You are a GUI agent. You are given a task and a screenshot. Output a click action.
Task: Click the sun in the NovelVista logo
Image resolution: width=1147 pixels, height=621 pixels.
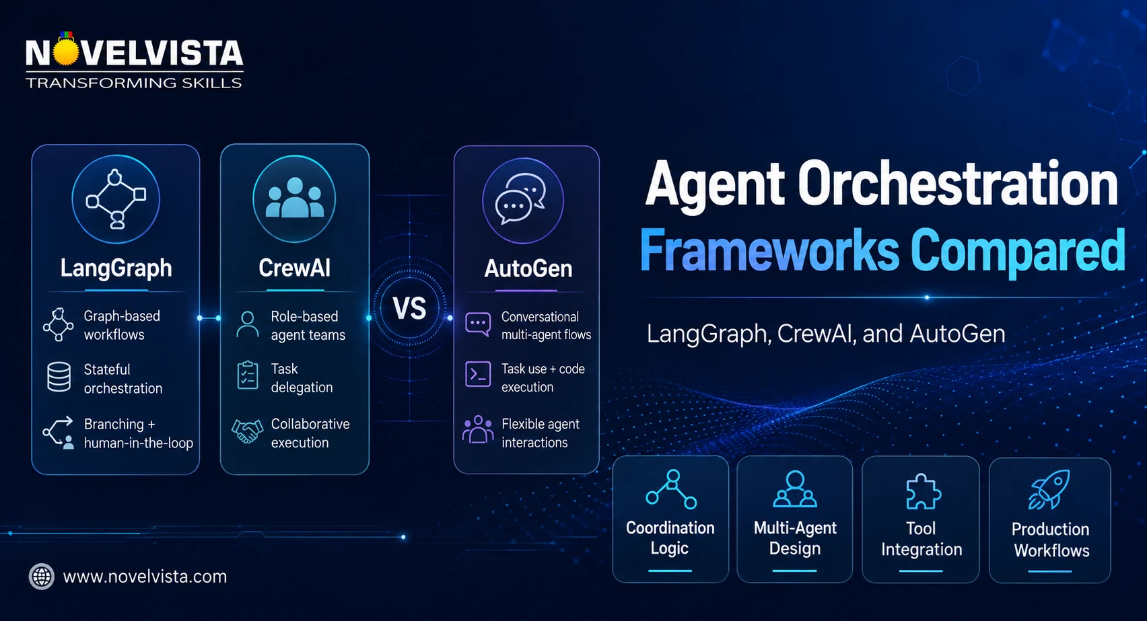66,52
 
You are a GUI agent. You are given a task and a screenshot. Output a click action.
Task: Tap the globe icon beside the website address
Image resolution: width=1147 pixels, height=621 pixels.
42,577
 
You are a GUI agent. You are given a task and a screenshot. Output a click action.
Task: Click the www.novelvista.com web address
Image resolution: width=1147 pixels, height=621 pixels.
145,577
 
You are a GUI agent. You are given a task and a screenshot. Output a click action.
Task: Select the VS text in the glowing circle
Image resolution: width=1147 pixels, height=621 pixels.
409,308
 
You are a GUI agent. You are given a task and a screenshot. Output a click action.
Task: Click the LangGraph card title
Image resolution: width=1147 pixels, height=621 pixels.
116,268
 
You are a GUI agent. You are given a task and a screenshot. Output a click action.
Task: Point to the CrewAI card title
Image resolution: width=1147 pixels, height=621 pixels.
294,268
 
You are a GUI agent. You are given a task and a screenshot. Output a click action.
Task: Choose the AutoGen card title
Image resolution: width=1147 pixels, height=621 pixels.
528,268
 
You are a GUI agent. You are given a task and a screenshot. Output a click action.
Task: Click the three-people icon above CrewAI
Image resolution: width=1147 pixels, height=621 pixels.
294,198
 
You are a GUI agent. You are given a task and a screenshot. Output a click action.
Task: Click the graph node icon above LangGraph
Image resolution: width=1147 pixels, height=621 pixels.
116,198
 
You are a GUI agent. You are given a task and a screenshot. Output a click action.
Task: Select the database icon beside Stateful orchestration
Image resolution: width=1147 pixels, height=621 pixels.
59,377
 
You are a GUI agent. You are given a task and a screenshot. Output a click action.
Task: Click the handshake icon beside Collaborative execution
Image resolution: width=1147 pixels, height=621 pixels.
247,431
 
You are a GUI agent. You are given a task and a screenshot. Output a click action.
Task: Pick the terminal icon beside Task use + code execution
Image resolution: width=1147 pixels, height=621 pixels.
478,374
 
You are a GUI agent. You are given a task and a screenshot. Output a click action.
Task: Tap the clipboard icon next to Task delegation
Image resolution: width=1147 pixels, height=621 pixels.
248,375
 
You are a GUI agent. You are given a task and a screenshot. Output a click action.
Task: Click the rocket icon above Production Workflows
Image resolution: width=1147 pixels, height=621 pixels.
1049,489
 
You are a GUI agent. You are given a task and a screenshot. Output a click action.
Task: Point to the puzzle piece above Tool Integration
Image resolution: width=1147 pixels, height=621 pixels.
923,491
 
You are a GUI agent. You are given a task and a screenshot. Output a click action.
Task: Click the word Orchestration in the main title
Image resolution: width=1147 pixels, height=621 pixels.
958,183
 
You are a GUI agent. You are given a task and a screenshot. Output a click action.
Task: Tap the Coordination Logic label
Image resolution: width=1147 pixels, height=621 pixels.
670,538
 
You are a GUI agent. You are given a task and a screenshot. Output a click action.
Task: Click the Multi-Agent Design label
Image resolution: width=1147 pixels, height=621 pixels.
795,538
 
